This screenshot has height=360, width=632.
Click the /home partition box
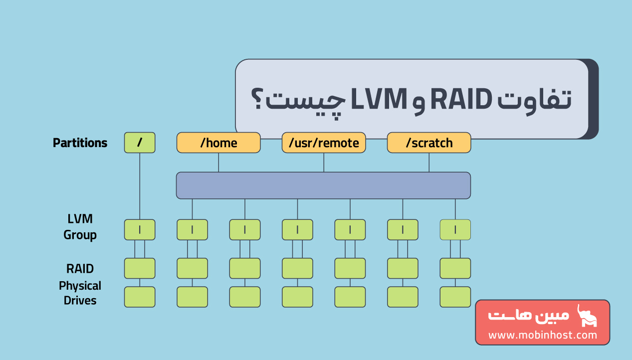click(218, 143)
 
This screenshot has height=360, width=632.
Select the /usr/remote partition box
click(324, 143)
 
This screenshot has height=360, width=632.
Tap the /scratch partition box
click(429, 143)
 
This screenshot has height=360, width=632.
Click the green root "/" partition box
click(140, 143)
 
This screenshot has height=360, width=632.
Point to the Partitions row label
click(80, 143)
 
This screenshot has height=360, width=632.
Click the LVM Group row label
click(80, 227)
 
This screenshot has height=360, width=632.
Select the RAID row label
click(80, 269)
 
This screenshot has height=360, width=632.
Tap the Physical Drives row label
click(80, 293)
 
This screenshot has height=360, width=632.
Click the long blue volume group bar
click(323, 185)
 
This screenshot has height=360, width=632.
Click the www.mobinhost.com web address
click(542, 335)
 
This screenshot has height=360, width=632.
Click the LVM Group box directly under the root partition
click(140, 230)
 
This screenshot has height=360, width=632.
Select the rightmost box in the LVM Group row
click(455, 230)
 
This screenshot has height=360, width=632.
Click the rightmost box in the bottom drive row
click(455, 297)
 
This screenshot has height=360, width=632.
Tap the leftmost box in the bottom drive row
click(140, 297)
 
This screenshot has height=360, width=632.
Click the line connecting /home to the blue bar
click(218, 163)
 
